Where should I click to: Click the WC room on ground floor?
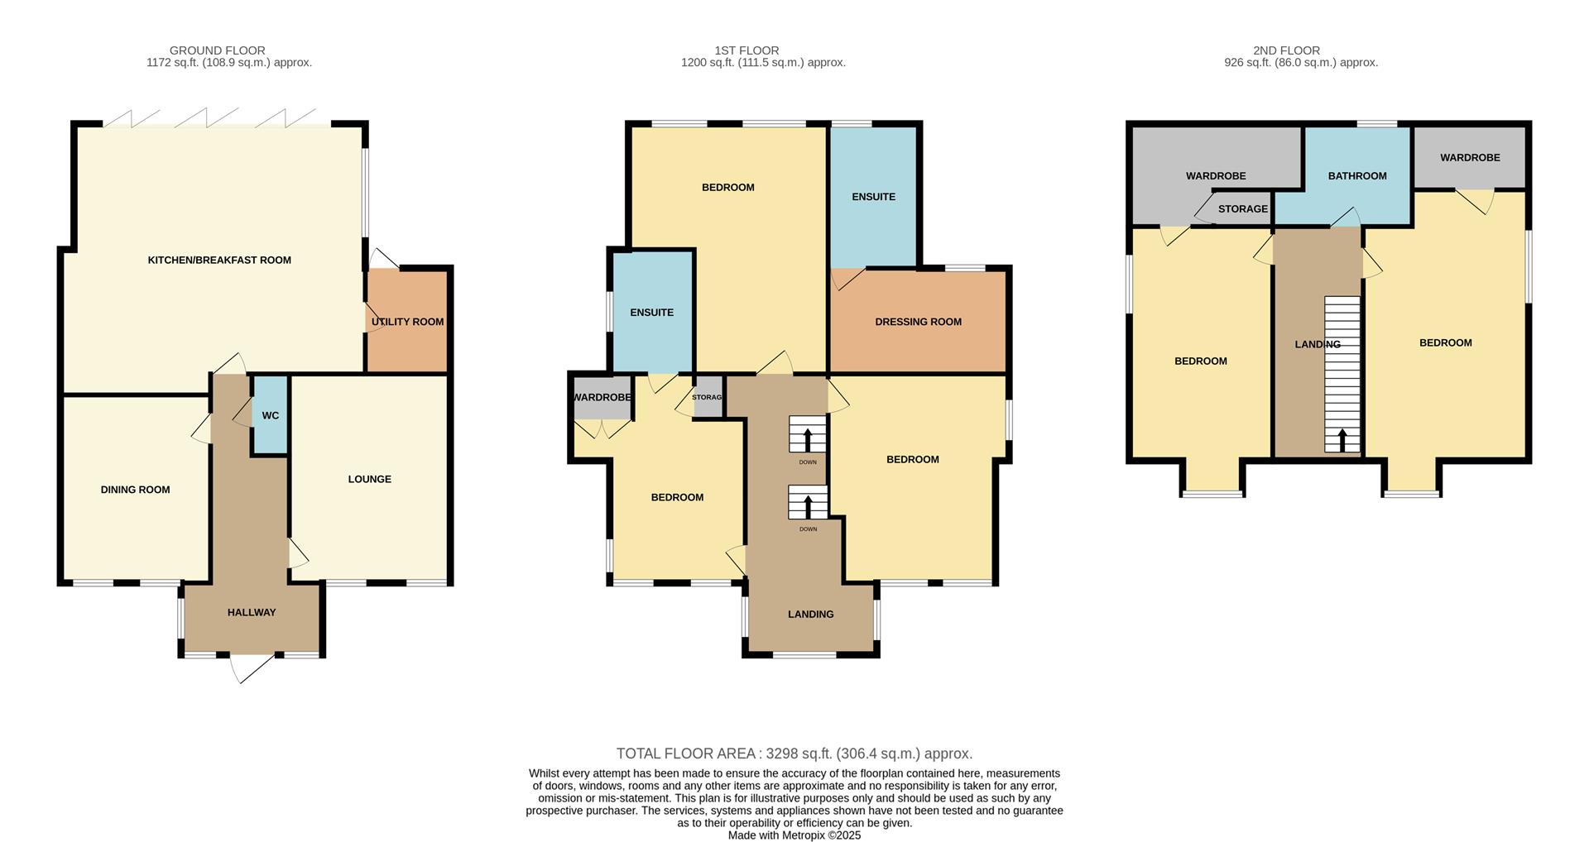[x=270, y=415]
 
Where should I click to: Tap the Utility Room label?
[x=407, y=322]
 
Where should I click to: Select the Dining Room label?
[x=135, y=490]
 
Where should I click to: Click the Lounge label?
[x=369, y=479]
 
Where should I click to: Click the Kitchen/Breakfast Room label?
[x=219, y=260]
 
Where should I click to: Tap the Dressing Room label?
[x=918, y=322]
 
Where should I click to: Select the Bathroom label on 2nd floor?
[x=1356, y=175]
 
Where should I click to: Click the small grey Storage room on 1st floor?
[x=708, y=397]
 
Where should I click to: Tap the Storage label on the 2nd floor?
[x=1242, y=209]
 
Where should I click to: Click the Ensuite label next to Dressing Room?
[x=873, y=197]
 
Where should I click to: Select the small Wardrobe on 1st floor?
[x=602, y=398]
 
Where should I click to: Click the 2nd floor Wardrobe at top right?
[x=1469, y=157]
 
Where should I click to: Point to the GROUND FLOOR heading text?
[x=217, y=50]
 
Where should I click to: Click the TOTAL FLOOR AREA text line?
[x=794, y=753]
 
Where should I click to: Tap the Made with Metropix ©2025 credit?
[x=794, y=835]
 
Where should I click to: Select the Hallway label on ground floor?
[x=252, y=612]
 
